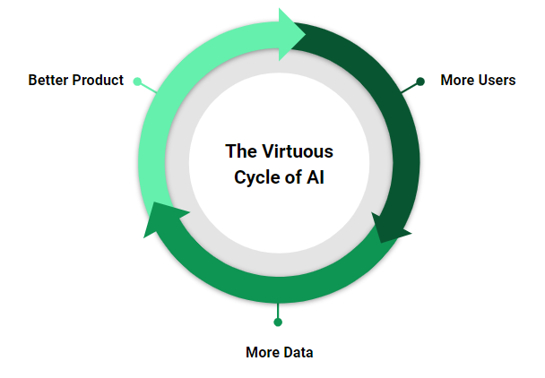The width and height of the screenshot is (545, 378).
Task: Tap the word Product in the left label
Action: pos(98,80)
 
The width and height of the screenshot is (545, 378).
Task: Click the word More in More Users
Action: pos(456,80)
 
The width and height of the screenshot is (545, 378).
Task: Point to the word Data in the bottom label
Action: pos(298,352)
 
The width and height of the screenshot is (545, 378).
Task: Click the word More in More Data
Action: pos(263,352)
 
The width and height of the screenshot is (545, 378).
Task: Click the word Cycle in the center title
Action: pos(255,176)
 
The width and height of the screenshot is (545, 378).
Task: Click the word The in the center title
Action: pos(239,150)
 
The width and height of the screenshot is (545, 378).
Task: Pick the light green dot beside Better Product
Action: pos(137,82)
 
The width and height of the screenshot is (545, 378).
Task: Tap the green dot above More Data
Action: pos(278,322)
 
